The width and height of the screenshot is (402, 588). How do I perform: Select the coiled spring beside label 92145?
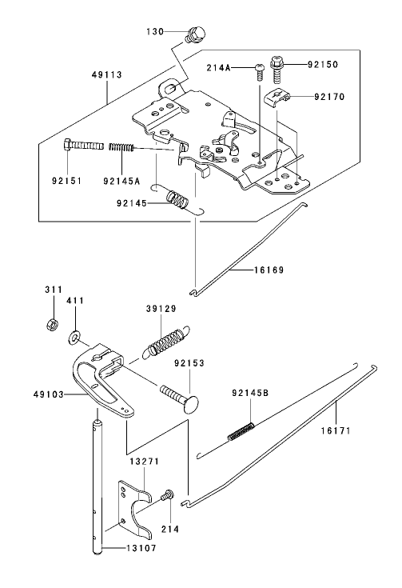pos(177,200)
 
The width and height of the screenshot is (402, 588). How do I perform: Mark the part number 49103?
pos(50,394)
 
